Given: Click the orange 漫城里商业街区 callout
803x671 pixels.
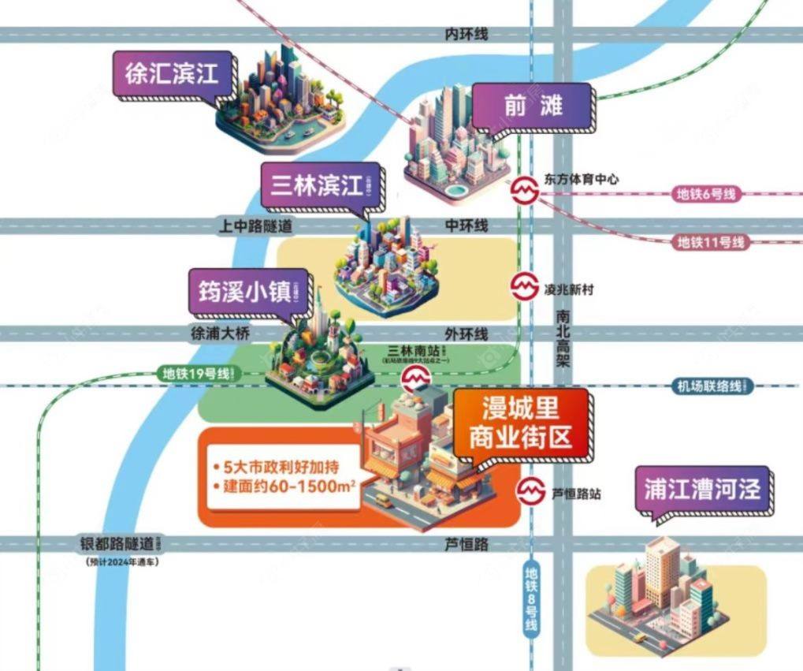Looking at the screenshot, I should point(520,423).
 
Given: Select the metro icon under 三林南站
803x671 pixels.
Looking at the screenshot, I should point(415,381).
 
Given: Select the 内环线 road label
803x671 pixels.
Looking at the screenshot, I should point(467,34).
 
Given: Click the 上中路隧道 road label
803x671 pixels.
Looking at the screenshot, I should point(255,226).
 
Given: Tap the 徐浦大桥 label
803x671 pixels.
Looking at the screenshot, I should point(220,333).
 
